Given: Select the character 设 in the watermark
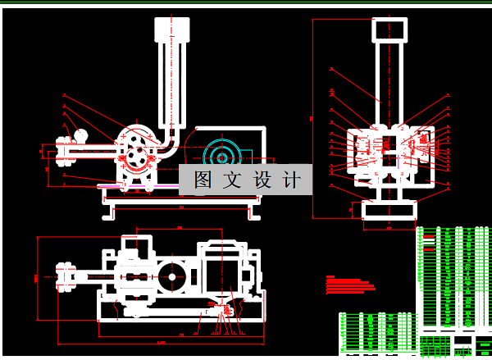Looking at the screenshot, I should coord(262,180).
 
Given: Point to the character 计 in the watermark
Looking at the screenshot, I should coord(291,180).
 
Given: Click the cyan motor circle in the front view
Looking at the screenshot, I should coord(221,153).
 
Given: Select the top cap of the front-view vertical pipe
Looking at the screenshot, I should coord(171,32).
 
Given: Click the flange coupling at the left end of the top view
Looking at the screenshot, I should coord(62,276).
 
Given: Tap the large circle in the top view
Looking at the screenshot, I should coord(173,276).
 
